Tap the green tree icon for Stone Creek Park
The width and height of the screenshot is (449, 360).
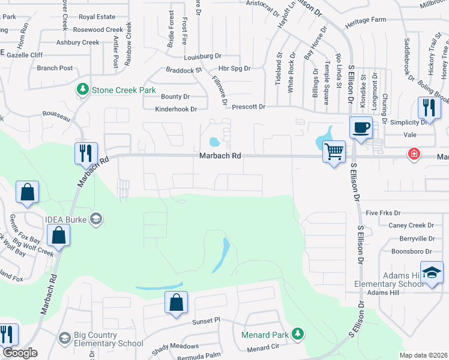[83, 90]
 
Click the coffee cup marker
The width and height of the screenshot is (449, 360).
[361, 128]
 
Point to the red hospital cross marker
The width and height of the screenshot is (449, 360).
[414, 154]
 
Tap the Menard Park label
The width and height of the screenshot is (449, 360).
[266, 334]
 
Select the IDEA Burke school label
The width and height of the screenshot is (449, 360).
[66, 219]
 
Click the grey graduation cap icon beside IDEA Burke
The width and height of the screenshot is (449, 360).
[95, 219]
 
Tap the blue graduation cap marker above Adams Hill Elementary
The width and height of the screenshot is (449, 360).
[432, 273]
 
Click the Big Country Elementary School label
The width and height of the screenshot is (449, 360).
[108, 340]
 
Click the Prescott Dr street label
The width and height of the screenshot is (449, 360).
[249, 106]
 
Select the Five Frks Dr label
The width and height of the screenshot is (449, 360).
[382, 212]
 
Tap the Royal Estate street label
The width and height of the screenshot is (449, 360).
[96, 17]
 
